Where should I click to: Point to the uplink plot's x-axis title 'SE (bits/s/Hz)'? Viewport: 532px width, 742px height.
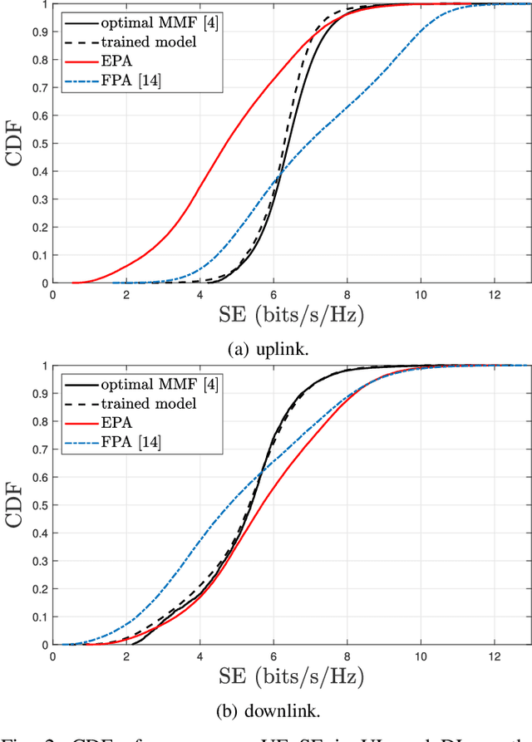point(290,314)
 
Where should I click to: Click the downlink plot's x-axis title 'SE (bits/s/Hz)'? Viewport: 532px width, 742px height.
point(290,675)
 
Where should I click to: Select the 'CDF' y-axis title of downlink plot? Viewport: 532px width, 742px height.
point(16,505)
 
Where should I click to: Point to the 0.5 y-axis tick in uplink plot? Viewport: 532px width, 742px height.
point(38,144)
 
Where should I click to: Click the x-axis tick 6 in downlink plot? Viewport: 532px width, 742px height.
point(273,656)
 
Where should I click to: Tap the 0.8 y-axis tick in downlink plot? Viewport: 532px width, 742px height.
point(38,421)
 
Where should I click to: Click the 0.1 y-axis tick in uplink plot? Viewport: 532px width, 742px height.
point(38,255)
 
